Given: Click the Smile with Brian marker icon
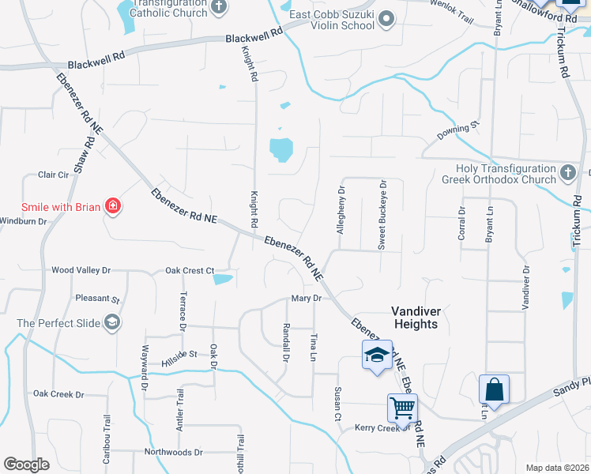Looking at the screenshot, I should coord(113,207).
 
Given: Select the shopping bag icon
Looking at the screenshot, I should coord(494,390).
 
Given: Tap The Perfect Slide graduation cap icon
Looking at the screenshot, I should coord(112,322).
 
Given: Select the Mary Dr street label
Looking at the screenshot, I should coord(307,299).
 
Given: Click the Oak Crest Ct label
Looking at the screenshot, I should coord(190,271).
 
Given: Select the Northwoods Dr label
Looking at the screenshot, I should coord(174,453).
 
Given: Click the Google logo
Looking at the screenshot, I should coord(26,465).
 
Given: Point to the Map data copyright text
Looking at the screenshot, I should coord(557,468).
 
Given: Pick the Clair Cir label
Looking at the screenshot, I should coord(54,175).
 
